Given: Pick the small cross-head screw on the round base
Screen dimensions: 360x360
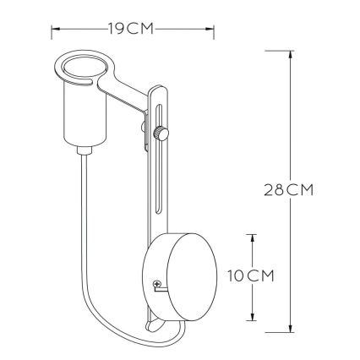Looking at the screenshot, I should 156,286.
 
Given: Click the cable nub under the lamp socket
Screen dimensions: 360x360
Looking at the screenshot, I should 85,150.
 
